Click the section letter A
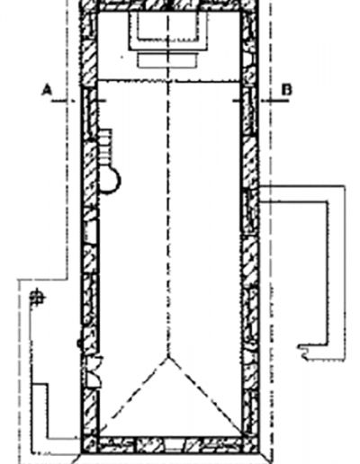point(47,90)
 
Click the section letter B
point(286,90)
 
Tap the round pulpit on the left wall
point(110,180)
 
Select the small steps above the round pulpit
point(105,147)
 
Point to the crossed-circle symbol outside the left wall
point(37,298)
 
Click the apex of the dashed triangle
point(168,357)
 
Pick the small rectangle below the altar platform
point(168,60)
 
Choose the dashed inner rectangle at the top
point(168,26)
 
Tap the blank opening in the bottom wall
point(174,445)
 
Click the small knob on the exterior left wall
point(79,344)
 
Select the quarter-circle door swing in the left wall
point(94,371)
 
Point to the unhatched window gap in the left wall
point(90,232)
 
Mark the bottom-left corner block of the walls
point(90,445)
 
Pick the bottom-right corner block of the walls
point(250,445)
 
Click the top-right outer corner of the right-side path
point(345,186)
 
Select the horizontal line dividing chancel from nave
point(168,80)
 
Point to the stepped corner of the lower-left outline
point(48,384)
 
